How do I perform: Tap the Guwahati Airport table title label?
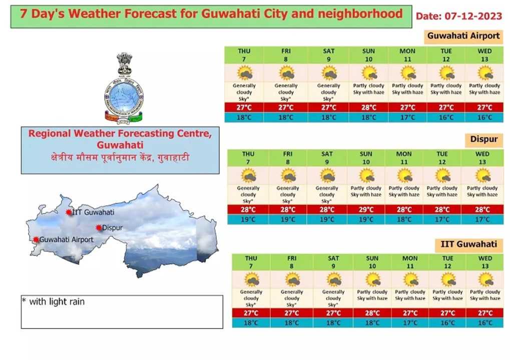[463, 36]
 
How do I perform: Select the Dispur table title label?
[483, 139]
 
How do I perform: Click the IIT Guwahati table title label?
[468, 244]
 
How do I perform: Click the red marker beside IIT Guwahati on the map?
[69, 212]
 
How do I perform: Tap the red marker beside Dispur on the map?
[99, 228]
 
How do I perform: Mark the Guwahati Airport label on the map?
[67, 240]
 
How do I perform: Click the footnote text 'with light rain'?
[57, 302]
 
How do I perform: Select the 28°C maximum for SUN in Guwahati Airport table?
[368, 107]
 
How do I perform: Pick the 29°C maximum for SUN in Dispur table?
[366, 210]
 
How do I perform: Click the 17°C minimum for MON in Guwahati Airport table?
[407, 117]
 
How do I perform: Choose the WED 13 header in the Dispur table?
[482, 158]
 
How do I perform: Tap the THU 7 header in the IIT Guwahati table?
[251, 262]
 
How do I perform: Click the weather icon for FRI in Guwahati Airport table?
[286, 73]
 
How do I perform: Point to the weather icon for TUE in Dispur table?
[442, 176]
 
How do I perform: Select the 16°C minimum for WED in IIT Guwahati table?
[485, 323]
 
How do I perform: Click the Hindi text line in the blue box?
[120, 158]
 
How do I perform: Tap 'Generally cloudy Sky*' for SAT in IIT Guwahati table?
[333, 298]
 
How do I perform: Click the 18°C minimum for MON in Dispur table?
[404, 219]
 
